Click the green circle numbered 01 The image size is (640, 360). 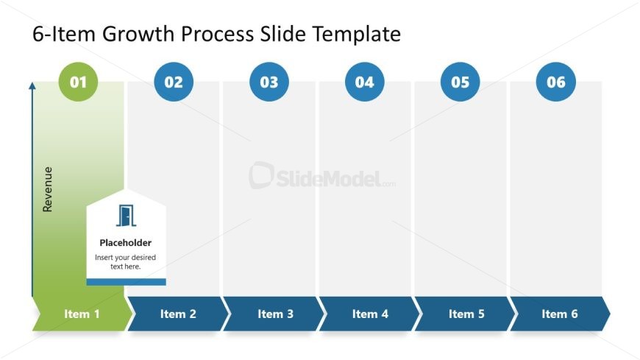point(78,82)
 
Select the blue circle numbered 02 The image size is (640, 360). point(174,82)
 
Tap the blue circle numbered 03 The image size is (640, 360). point(269,82)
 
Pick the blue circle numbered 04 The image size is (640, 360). point(365,82)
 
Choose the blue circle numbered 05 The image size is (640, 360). point(461,82)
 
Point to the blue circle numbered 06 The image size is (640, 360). point(556,82)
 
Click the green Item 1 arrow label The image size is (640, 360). point(82,314)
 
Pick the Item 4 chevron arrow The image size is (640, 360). point(370,314)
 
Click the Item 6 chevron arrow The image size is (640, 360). point(560,314)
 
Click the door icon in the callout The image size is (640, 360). point(126,216)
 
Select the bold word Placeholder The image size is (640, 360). point(126,242)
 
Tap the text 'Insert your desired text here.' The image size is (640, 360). point(126,262)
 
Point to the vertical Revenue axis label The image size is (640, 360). point(48,189)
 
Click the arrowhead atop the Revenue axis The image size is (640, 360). point(32,86)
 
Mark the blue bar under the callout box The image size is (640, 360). point(126,282)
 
